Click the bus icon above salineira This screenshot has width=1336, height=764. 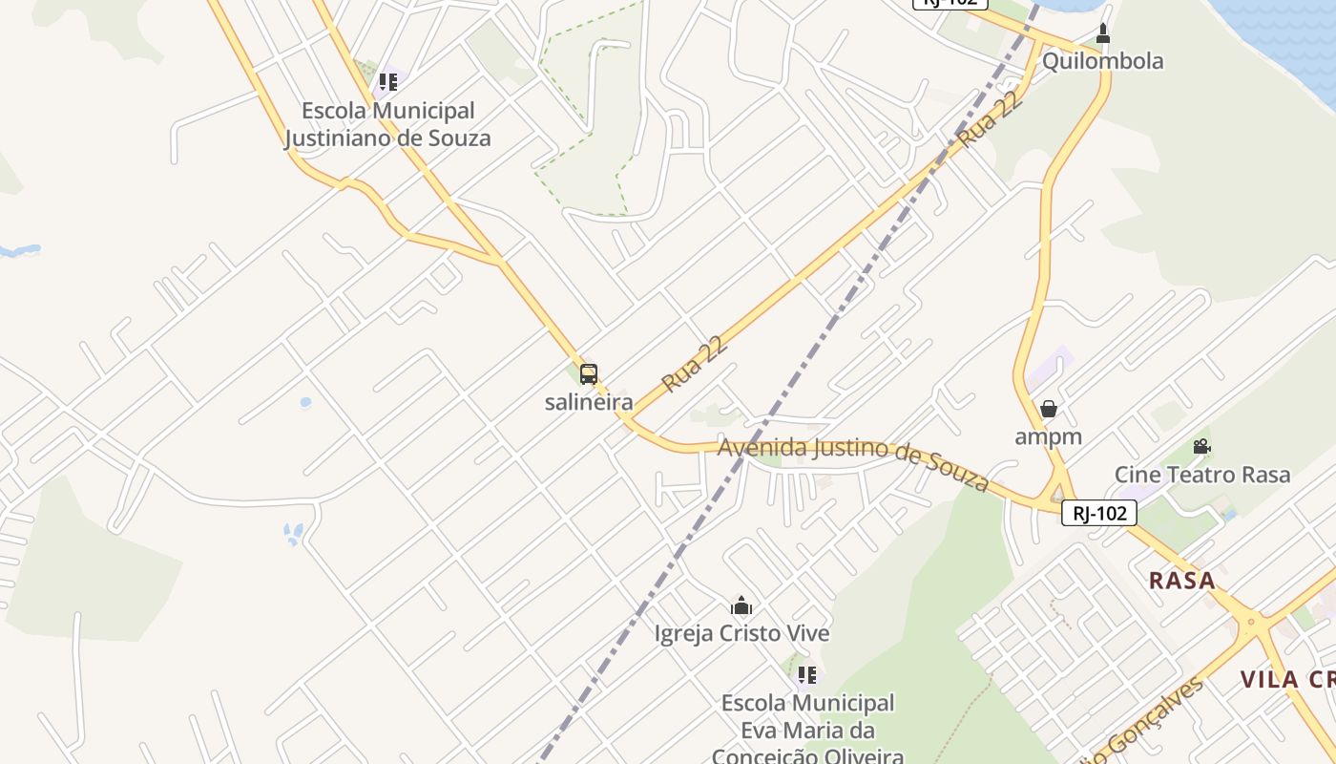[589, 374]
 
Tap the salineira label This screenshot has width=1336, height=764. [589, 402]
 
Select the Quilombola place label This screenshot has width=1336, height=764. [1102, 61]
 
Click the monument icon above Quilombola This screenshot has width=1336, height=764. [1103, 34]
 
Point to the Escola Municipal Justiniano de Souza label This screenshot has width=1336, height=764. [387, 124]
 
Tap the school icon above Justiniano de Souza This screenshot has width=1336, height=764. [387, 82]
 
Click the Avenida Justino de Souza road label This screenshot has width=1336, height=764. [853, 461]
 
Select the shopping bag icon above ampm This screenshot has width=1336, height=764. [1049, 409]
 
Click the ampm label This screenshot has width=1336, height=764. [1048, 436]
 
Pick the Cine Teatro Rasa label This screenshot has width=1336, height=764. [1202, 475]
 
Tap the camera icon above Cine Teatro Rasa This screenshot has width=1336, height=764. [1201, 446]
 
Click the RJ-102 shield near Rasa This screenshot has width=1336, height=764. [1099, 513]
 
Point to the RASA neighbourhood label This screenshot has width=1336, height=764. [1182, 580]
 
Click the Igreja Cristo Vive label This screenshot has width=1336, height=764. [741, 633]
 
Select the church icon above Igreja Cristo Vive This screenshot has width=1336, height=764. [741, 605]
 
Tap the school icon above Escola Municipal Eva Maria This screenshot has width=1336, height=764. [807, 675]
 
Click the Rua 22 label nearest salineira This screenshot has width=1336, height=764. [696, 363]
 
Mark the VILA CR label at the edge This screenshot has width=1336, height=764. [1287, 680]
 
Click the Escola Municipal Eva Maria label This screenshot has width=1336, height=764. [807, 730]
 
